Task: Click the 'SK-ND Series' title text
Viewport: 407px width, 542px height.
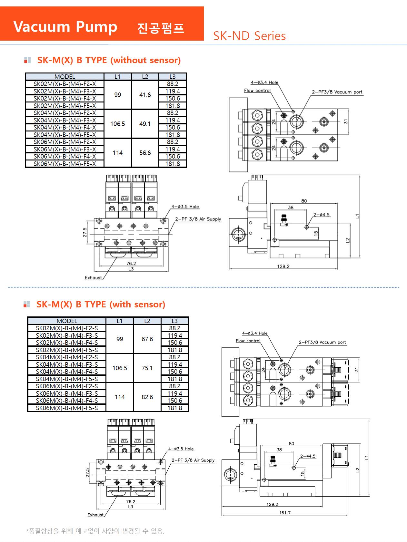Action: click(x=249, y=36)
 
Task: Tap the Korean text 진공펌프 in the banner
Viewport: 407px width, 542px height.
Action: click(x=160, y=28)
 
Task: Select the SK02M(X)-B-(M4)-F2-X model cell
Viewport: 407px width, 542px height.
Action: click(x=65, y=84)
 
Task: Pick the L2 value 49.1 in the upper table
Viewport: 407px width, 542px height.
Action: click(x=145, y=124)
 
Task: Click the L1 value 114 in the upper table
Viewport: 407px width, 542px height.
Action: click(x=118, y=153)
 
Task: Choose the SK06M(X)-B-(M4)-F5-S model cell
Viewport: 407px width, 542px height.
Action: click(x=67, y=408)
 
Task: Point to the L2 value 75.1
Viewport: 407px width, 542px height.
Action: click(x=147, y=368)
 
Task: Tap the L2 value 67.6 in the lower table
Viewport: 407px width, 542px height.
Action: click(x=147, y=339)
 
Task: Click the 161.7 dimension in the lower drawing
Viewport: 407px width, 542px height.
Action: click(x=285, y=513)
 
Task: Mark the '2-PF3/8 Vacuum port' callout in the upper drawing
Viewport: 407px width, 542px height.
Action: click(x=337, y=92)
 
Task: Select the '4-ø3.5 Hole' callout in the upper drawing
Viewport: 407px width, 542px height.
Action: click(x=185, y=207)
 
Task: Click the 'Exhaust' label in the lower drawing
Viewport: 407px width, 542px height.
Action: click(x=95, y=515)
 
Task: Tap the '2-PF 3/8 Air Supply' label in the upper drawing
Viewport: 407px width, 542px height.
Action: click(x=198, y=219)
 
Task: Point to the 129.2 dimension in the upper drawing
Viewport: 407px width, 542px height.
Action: click(x=283, y=266)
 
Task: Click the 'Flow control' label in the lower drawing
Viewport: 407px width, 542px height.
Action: click(x=248, y=341)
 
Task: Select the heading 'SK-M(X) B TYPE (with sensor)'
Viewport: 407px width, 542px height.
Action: click(x=101, y=305)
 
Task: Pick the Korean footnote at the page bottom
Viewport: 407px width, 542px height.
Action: click(x=95, y=531)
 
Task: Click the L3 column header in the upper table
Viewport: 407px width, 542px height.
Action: click(x=173, y=77)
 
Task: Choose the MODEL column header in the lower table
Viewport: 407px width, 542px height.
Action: click(x=67, y=321)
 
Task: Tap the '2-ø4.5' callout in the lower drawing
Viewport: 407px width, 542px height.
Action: click(x=308, y=456)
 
